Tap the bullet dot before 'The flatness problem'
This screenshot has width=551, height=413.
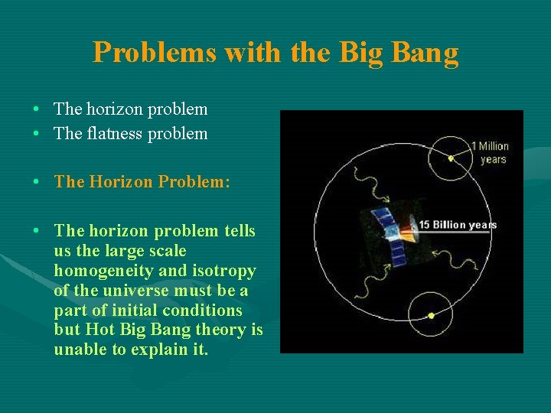point(37,134)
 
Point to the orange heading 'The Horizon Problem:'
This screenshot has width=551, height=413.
point(142,182)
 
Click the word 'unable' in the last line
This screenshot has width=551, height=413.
point(81,350)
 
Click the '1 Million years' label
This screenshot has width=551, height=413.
point(491,153)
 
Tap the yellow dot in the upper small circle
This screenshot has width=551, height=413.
point(451,158)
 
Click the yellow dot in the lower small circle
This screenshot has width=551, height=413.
point(431,315)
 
